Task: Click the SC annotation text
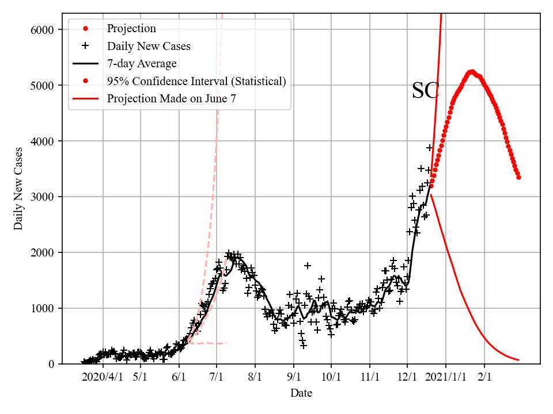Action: (426, 91)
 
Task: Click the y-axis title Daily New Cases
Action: (19, 189)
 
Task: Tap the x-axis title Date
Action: (301, 393)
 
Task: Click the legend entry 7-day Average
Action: (142, 63)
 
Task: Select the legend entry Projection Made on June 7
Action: (171, 98)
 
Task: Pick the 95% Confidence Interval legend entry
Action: (196, 81)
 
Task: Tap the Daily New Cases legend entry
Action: (149, 46)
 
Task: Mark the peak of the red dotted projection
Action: (472, 72)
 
